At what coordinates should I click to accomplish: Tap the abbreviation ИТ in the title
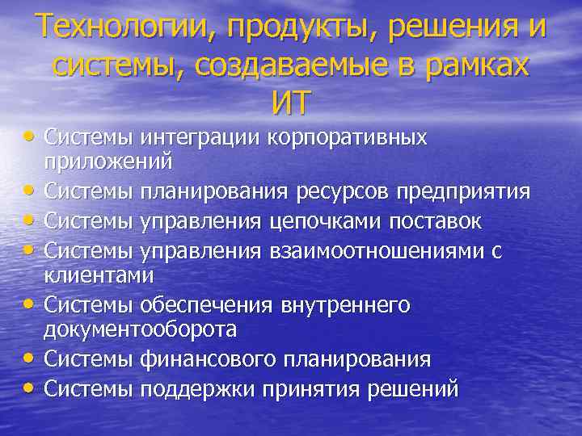click(x=291, y=103)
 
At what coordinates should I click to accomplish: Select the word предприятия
click(x=470, y=192)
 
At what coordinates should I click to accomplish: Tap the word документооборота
click(x=140, y=329)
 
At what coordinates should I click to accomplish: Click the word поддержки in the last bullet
click(x=192, y=389)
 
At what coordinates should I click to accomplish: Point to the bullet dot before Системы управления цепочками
click(x=30, y=220)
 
